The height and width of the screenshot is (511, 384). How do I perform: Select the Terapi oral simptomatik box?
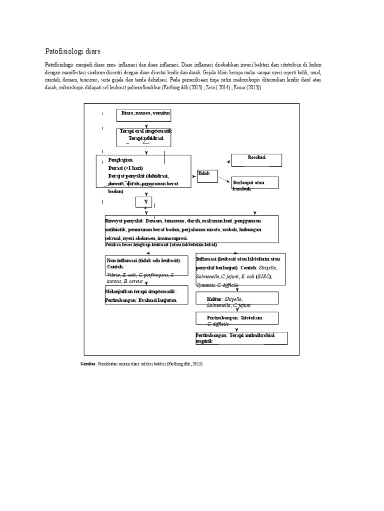144,137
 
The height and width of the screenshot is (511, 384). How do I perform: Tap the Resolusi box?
256,160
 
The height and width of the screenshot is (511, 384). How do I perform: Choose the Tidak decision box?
207,176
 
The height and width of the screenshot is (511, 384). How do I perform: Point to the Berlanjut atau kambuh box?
254,183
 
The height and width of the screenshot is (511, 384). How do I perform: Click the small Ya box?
143,202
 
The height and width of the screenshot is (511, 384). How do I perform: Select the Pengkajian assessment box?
143,171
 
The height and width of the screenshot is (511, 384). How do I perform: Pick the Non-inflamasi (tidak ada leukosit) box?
146,265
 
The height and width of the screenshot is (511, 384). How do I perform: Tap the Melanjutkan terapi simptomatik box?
146,295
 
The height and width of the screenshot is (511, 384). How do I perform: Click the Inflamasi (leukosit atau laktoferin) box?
240,269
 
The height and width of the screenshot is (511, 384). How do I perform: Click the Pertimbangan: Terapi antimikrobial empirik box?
241,338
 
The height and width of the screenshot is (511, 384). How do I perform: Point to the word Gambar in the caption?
88,364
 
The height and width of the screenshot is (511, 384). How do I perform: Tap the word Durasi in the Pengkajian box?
116,168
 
